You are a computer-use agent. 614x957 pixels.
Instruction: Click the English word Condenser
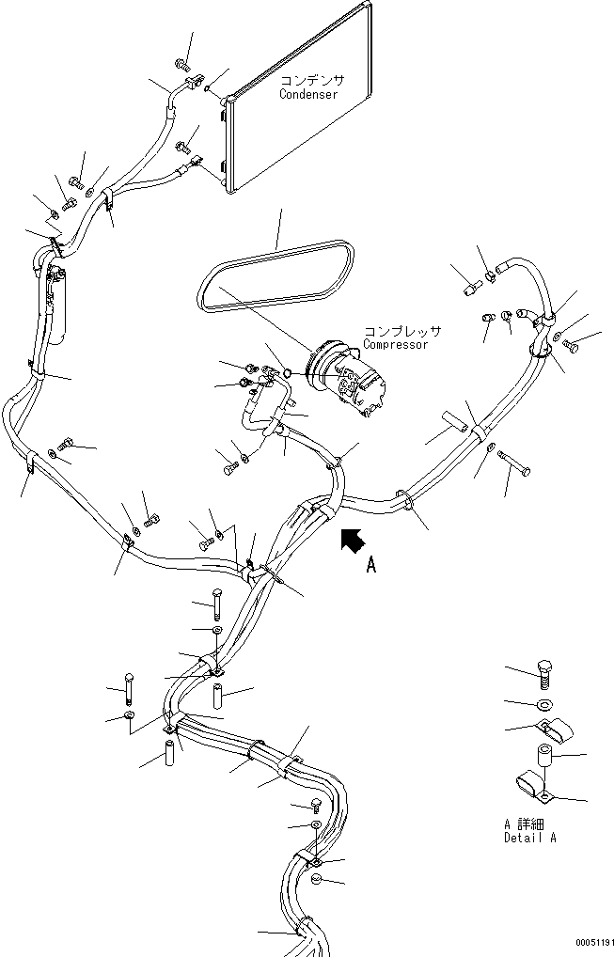(307, 95)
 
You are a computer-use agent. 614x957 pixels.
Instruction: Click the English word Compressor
(396, 344)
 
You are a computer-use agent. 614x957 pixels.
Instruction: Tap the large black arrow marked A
(352, 541)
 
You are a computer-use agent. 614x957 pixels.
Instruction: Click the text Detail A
(530, 837)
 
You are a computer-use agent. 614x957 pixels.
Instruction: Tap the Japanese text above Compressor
(401, 332)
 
